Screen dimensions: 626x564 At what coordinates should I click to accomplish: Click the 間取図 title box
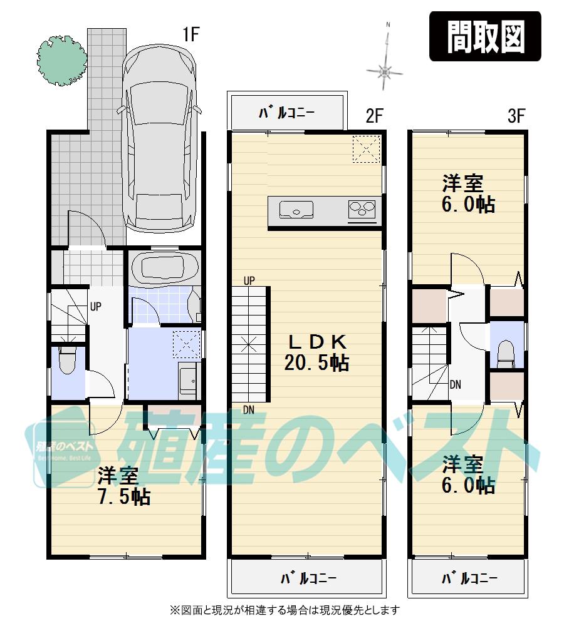[x=485, y=36]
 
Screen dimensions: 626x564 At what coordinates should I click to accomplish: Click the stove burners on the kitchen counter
[x=362, y=209]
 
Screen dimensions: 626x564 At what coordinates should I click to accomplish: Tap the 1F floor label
[x=191, y=35]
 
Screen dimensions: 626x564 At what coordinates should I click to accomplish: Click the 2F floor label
[x=374, y=116]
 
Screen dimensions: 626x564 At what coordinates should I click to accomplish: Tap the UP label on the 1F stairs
[x=96, y=307]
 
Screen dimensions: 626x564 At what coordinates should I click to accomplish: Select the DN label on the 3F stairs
[x=456, y=384]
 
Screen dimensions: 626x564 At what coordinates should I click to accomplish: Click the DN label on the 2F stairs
[x=249, y=410]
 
